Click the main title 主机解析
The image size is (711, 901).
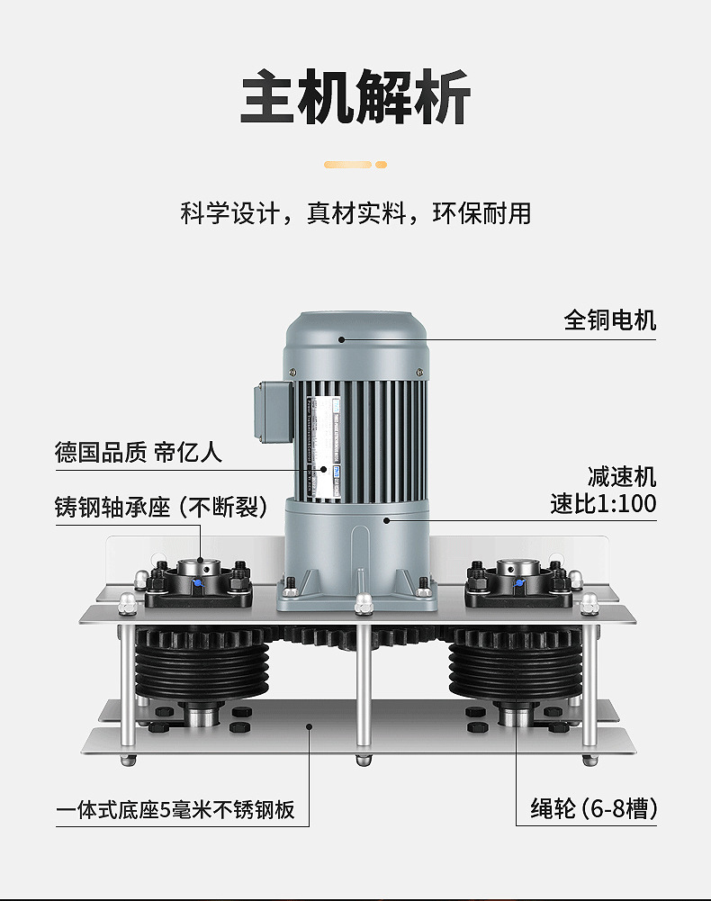355,96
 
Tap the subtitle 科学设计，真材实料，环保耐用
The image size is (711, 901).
355,214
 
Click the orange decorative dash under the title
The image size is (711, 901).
355,165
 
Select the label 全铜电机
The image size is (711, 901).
609,320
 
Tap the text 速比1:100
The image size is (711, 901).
603,503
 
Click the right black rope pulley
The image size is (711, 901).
514,670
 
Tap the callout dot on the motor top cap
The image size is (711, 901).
342,339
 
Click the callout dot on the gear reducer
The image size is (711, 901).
385,519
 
